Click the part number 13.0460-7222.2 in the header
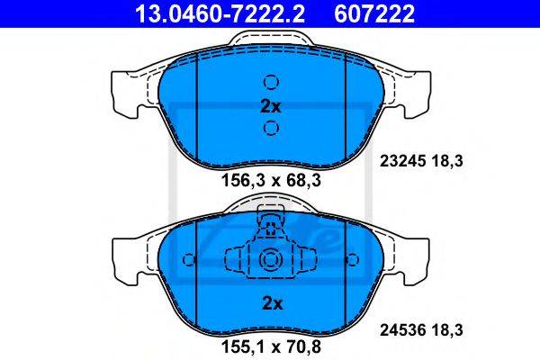(x=220, y=14)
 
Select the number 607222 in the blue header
(x=374, y=14)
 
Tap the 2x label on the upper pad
(x=271, y=107)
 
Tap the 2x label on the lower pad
(x=272, y=303)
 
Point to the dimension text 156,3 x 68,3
(x=272, y=180)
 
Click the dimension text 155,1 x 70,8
(x=272, y=346)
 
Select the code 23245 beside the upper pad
(x=402, y=161)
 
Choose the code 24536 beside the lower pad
(x=402, y=330)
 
